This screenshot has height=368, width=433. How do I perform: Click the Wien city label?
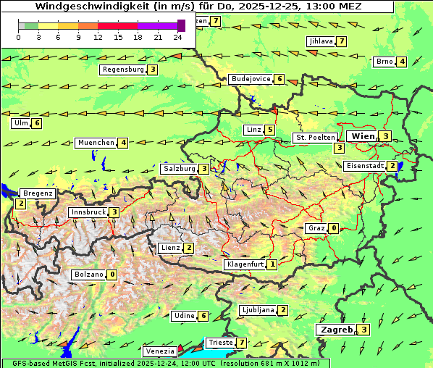click(x=363, y=136)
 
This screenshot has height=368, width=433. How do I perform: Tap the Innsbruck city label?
click(x=88, y=212)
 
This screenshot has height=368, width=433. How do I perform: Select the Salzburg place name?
click(x=179, y=169)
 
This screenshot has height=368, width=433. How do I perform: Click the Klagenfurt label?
click(x=244, y=264)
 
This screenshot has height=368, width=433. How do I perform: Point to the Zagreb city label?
click(x=335, y=329)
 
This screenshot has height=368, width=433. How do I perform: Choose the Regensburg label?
click(x=122, y=70)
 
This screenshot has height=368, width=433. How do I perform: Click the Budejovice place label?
click(x=251, y=79)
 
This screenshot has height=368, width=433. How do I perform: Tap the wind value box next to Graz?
click(x=333, y=228)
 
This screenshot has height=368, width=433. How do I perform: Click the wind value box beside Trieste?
click(x=242, y=342)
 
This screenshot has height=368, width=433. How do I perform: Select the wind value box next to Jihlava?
click(x=341, y=41)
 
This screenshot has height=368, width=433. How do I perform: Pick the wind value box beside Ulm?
click(x=37, y=123)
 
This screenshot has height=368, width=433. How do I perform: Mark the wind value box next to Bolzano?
click(x=112, y=275)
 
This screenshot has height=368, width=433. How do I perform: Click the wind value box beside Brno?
click(x=402, y=62)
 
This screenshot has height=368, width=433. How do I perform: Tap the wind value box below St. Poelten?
click(x=339, y=148)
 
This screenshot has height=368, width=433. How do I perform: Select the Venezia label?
click(x=159, y=351)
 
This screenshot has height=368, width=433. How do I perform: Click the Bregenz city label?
click(x=38, y=193)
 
